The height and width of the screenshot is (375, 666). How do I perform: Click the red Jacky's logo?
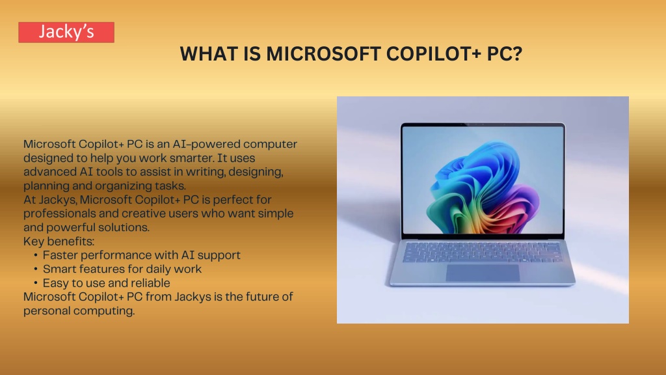(x=66, y=33)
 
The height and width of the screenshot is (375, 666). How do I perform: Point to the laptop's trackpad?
(x=483, y=273)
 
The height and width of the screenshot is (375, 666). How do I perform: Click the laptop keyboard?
(x=483, y=252)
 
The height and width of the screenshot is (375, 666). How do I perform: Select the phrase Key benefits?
(x=59, y=242)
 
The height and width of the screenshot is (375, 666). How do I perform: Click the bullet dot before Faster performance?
(x=36, y=255)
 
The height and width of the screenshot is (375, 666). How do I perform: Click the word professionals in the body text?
(x=59, y=214)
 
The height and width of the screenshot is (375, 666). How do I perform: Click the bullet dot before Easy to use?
(x=36, y=283)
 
